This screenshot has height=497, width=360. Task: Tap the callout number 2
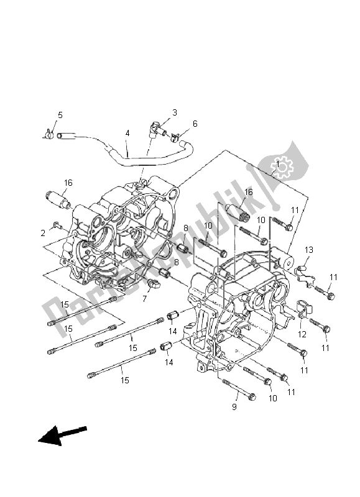43,232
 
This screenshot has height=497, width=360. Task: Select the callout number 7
144,299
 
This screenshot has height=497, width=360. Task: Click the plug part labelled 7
154,285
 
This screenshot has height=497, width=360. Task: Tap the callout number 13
308,250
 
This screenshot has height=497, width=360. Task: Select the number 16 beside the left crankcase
68,183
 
